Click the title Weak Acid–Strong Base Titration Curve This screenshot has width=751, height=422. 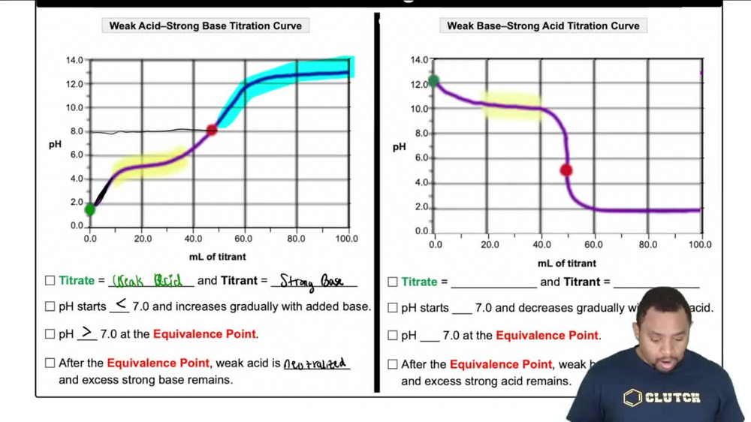tap(205, 26)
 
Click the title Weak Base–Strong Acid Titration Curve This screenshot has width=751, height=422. tap(543, 26)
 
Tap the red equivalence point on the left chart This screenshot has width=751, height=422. tap(212, 130)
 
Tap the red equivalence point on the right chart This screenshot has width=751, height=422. tap(566, 170)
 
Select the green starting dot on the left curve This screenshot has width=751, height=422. tap(90, 210)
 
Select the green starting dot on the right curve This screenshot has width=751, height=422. tap(433, 81)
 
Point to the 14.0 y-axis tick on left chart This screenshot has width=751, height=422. tap(75, 60)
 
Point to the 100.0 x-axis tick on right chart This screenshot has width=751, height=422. tap(700, 245)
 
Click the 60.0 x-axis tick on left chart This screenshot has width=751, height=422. tap(243, 239)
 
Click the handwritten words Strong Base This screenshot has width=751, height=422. tap(312, 281)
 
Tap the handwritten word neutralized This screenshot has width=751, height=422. tap(315, 363)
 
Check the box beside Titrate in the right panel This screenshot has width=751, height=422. tap(393, 282)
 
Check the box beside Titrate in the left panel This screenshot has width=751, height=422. tap(50, 281)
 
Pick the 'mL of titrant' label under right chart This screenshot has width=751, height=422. tap(567, 263)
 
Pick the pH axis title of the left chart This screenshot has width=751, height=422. tap(55, 144)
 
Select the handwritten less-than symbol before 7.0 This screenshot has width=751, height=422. tap(120, 304)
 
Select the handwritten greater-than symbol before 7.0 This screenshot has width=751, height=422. tap(87, 332)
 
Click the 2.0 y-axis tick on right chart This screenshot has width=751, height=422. tap(421, 206)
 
